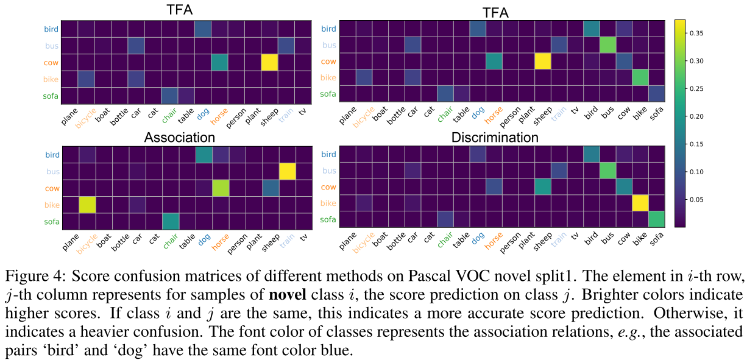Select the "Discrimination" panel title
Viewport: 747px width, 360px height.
[x=495, y=138]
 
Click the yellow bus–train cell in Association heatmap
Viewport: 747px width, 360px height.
[x=286, y=171]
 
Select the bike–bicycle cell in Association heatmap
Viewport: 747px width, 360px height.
[x=87, y=205]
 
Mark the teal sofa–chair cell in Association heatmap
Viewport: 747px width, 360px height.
[x=170, y=221]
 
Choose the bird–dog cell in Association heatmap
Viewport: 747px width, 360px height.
[x=203, y=155]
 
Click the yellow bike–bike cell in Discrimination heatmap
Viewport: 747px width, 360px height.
[x=640, y=202]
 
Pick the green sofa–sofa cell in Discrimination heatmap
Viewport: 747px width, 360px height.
[x=657, y=218]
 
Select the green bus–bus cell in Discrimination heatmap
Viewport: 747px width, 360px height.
[x=606, y=171]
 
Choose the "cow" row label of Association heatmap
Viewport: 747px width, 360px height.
[x=52, y=188]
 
